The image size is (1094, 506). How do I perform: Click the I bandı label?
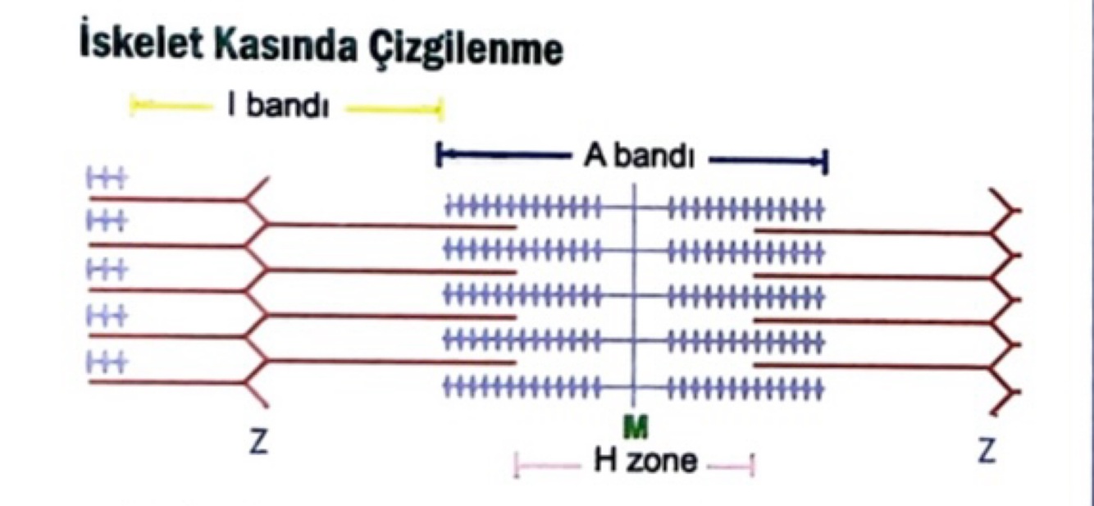278,107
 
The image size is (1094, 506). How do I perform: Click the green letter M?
632,426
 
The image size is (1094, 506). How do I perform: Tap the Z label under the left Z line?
259,449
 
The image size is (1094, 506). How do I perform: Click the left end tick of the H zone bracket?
516,467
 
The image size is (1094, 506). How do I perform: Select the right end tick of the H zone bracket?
752,467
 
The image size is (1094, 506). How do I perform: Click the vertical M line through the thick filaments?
634,295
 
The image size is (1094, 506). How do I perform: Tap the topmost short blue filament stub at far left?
105,180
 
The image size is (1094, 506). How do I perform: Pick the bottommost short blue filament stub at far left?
105,362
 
